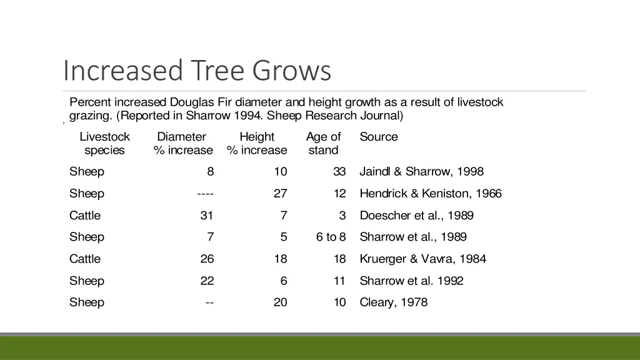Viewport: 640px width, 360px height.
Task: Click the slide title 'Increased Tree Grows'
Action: pos(197,71)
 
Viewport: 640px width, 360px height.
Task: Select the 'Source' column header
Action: pos(378,137)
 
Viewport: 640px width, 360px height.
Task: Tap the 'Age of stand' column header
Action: pos(323,143)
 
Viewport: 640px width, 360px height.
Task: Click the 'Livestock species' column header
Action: pos(104,143)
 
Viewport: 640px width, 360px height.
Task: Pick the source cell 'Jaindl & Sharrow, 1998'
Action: pos(421,172)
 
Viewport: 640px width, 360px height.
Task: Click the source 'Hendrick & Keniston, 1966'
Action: pos(430,194)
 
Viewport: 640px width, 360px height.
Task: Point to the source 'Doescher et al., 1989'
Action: pos(416,216)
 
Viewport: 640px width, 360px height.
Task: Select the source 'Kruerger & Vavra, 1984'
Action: pos(422,259)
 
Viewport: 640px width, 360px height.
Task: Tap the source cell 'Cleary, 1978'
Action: pos(393,302)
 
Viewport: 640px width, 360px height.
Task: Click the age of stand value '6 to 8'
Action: pos(331,237)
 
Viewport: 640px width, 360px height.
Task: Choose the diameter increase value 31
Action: pos(206,216)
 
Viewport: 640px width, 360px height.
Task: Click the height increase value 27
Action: pos(280,194)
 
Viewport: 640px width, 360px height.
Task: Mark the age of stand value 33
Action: pos(339,172)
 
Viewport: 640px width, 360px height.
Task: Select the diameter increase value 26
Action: pos(206,259)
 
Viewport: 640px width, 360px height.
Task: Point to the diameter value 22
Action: pos(206,281)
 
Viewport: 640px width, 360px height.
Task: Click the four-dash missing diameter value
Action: pos(205,194)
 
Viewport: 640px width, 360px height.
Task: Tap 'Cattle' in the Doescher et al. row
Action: pos(85,216)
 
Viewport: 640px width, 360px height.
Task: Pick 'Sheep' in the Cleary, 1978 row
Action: pos(87,302)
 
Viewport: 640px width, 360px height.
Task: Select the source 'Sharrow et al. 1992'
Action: pos(411,281)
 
